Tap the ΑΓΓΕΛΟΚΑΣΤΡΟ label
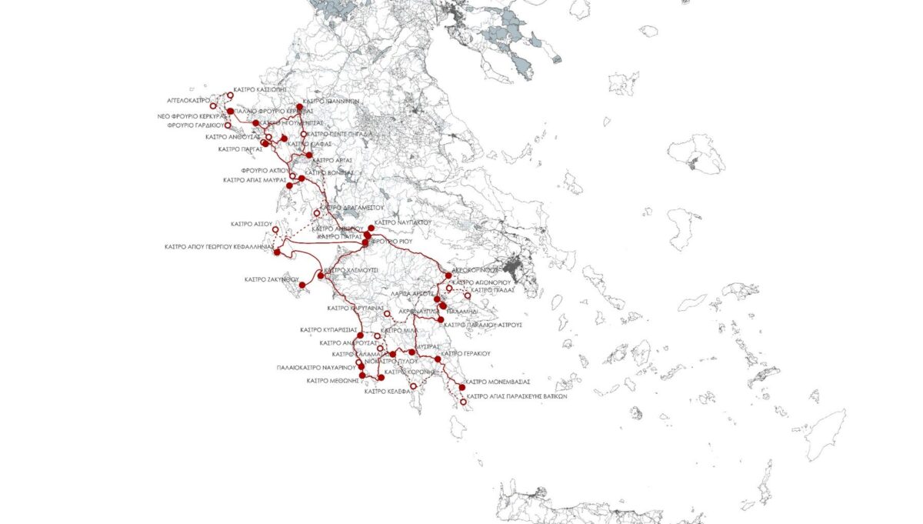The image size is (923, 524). [188, 100]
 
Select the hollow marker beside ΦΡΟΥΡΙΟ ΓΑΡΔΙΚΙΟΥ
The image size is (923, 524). [227, 125]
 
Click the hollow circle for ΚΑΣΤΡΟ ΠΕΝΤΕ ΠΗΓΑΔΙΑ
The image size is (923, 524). [304, 134]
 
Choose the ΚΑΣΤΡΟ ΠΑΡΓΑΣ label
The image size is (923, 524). [241, 149]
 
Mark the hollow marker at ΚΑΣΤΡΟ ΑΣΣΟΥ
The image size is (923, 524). [275, 229]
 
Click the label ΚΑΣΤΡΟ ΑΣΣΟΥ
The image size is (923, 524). [252, 224]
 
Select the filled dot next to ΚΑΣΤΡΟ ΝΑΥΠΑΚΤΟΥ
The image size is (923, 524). [371, 228]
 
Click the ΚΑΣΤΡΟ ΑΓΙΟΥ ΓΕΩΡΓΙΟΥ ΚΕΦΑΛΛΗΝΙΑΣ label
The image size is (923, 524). [219, 247]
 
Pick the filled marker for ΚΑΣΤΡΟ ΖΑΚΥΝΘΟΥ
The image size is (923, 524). [302, 285]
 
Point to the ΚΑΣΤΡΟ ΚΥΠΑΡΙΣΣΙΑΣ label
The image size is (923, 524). [328, 329]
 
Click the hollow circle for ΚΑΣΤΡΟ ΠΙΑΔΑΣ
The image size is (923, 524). [467, 295]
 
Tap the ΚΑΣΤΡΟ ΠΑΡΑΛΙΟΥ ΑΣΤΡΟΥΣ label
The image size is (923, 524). [484, 325]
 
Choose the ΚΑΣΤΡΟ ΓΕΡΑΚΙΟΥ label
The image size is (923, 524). [465, 353]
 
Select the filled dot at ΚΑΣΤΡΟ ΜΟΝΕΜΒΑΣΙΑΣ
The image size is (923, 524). [461, 386]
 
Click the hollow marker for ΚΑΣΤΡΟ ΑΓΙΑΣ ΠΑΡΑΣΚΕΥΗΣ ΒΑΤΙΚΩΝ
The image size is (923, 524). [463, 402]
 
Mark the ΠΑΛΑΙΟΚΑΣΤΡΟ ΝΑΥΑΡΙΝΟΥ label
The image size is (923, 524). [315, 369]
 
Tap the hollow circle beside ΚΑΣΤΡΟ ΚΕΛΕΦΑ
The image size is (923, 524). [414, 385]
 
